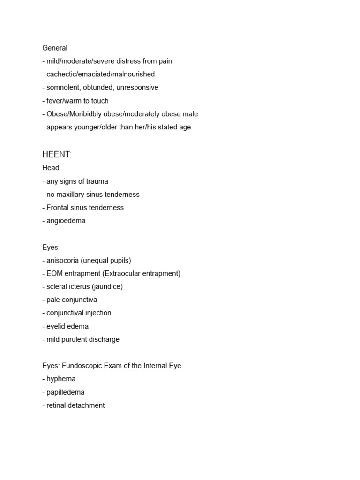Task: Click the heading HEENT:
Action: coord(57,155)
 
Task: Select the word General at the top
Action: coord(55,48)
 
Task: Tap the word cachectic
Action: coord(62,74)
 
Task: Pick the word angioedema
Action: coord(66,220)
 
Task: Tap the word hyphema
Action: coord(61,379)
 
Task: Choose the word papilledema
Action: coord(66,392)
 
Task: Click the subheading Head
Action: coord(51,168)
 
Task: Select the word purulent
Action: coord(79,339)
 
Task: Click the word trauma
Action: coord(96,181)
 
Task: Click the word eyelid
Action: coord(57,326)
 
